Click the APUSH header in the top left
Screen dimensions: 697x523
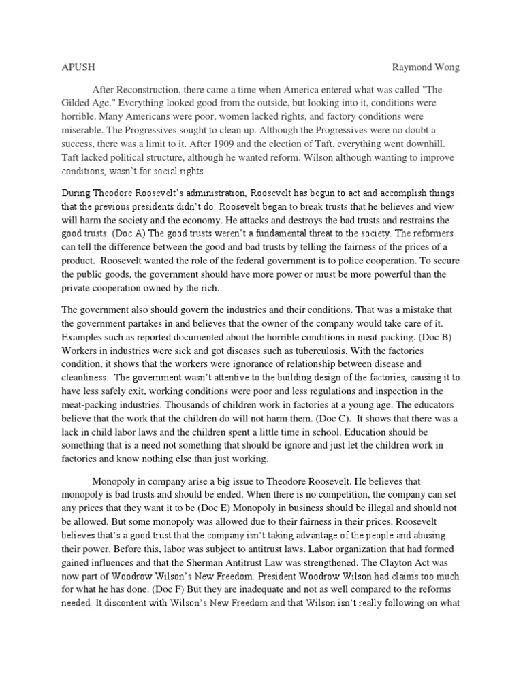coord(70,67)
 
